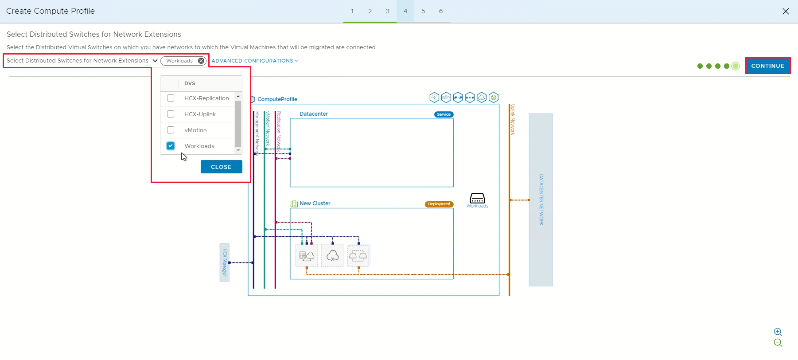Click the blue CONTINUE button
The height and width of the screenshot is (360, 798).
click(x=767, y=66)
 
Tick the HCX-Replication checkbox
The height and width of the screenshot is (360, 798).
click(x=171, y=98)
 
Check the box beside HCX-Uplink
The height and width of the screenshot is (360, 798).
click(x=171, y=114)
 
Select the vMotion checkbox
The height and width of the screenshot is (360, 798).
click(x=171, y=130)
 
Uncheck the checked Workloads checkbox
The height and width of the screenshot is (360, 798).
click(x=171, y=146)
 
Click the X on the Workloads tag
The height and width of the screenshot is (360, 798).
click(x=201, y=61)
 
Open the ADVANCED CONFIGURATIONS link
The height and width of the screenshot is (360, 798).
click(x=255, y=61)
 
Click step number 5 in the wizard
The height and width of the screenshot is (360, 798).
click(x=423, y=11)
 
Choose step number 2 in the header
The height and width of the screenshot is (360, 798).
click(x=370, y=11)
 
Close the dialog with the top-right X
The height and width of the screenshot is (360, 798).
click(x=786, y=11)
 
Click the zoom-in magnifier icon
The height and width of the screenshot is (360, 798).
click(x=778, y=332)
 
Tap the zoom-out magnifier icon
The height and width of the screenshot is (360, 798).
click(x=778, y=343)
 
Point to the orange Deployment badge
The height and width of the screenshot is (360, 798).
click(x=439, y=204)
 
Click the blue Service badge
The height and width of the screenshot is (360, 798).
click(x=444, y=114)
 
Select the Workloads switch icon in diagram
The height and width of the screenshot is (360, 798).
click(x=477, y=198)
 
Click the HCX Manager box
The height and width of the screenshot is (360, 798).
click(x=225, y=262)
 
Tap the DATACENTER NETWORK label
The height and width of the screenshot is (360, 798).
click(x=541, y=200)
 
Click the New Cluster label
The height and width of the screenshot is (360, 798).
click(x=315, y=203)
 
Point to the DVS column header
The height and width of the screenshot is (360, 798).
click(x=190, y=83)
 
